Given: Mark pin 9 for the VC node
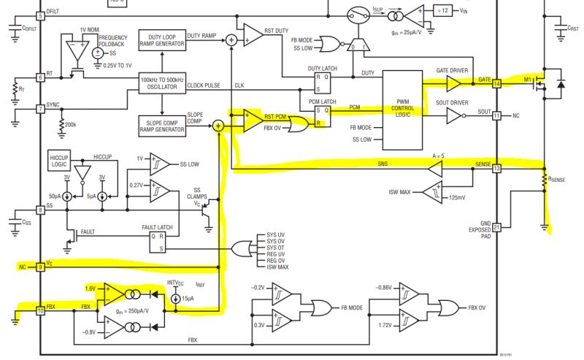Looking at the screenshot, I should [41, 268].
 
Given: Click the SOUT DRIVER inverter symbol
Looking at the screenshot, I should [447, 115].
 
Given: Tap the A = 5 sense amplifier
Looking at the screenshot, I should [435, 169].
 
